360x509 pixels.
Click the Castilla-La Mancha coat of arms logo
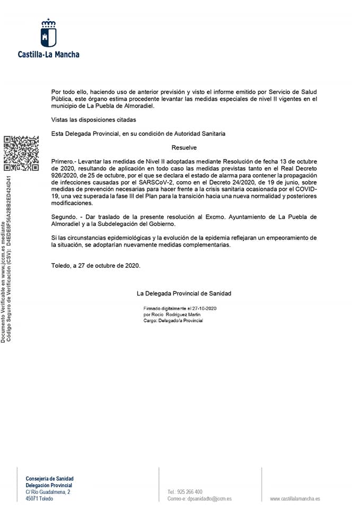click(x=49, y=33)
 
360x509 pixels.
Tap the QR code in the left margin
click(x=21, y=154)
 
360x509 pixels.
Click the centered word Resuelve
click(x=184, y=147)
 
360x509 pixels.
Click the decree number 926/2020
click(x=64, y=175)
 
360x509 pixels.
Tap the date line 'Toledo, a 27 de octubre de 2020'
click(x=96, y=266)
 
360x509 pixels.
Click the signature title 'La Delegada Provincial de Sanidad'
click(x=184, y=293)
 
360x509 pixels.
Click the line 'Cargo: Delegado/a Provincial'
click(x=173, y=321)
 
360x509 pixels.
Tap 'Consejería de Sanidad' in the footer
click(x=50, y=478)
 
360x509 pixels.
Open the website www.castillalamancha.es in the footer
click(x=295, y=498)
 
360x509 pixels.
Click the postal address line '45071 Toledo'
click(x=40, y=498)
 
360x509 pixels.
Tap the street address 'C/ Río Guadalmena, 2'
click(x=48, y=492)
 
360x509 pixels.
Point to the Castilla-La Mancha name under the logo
click(x=49, y=54)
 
